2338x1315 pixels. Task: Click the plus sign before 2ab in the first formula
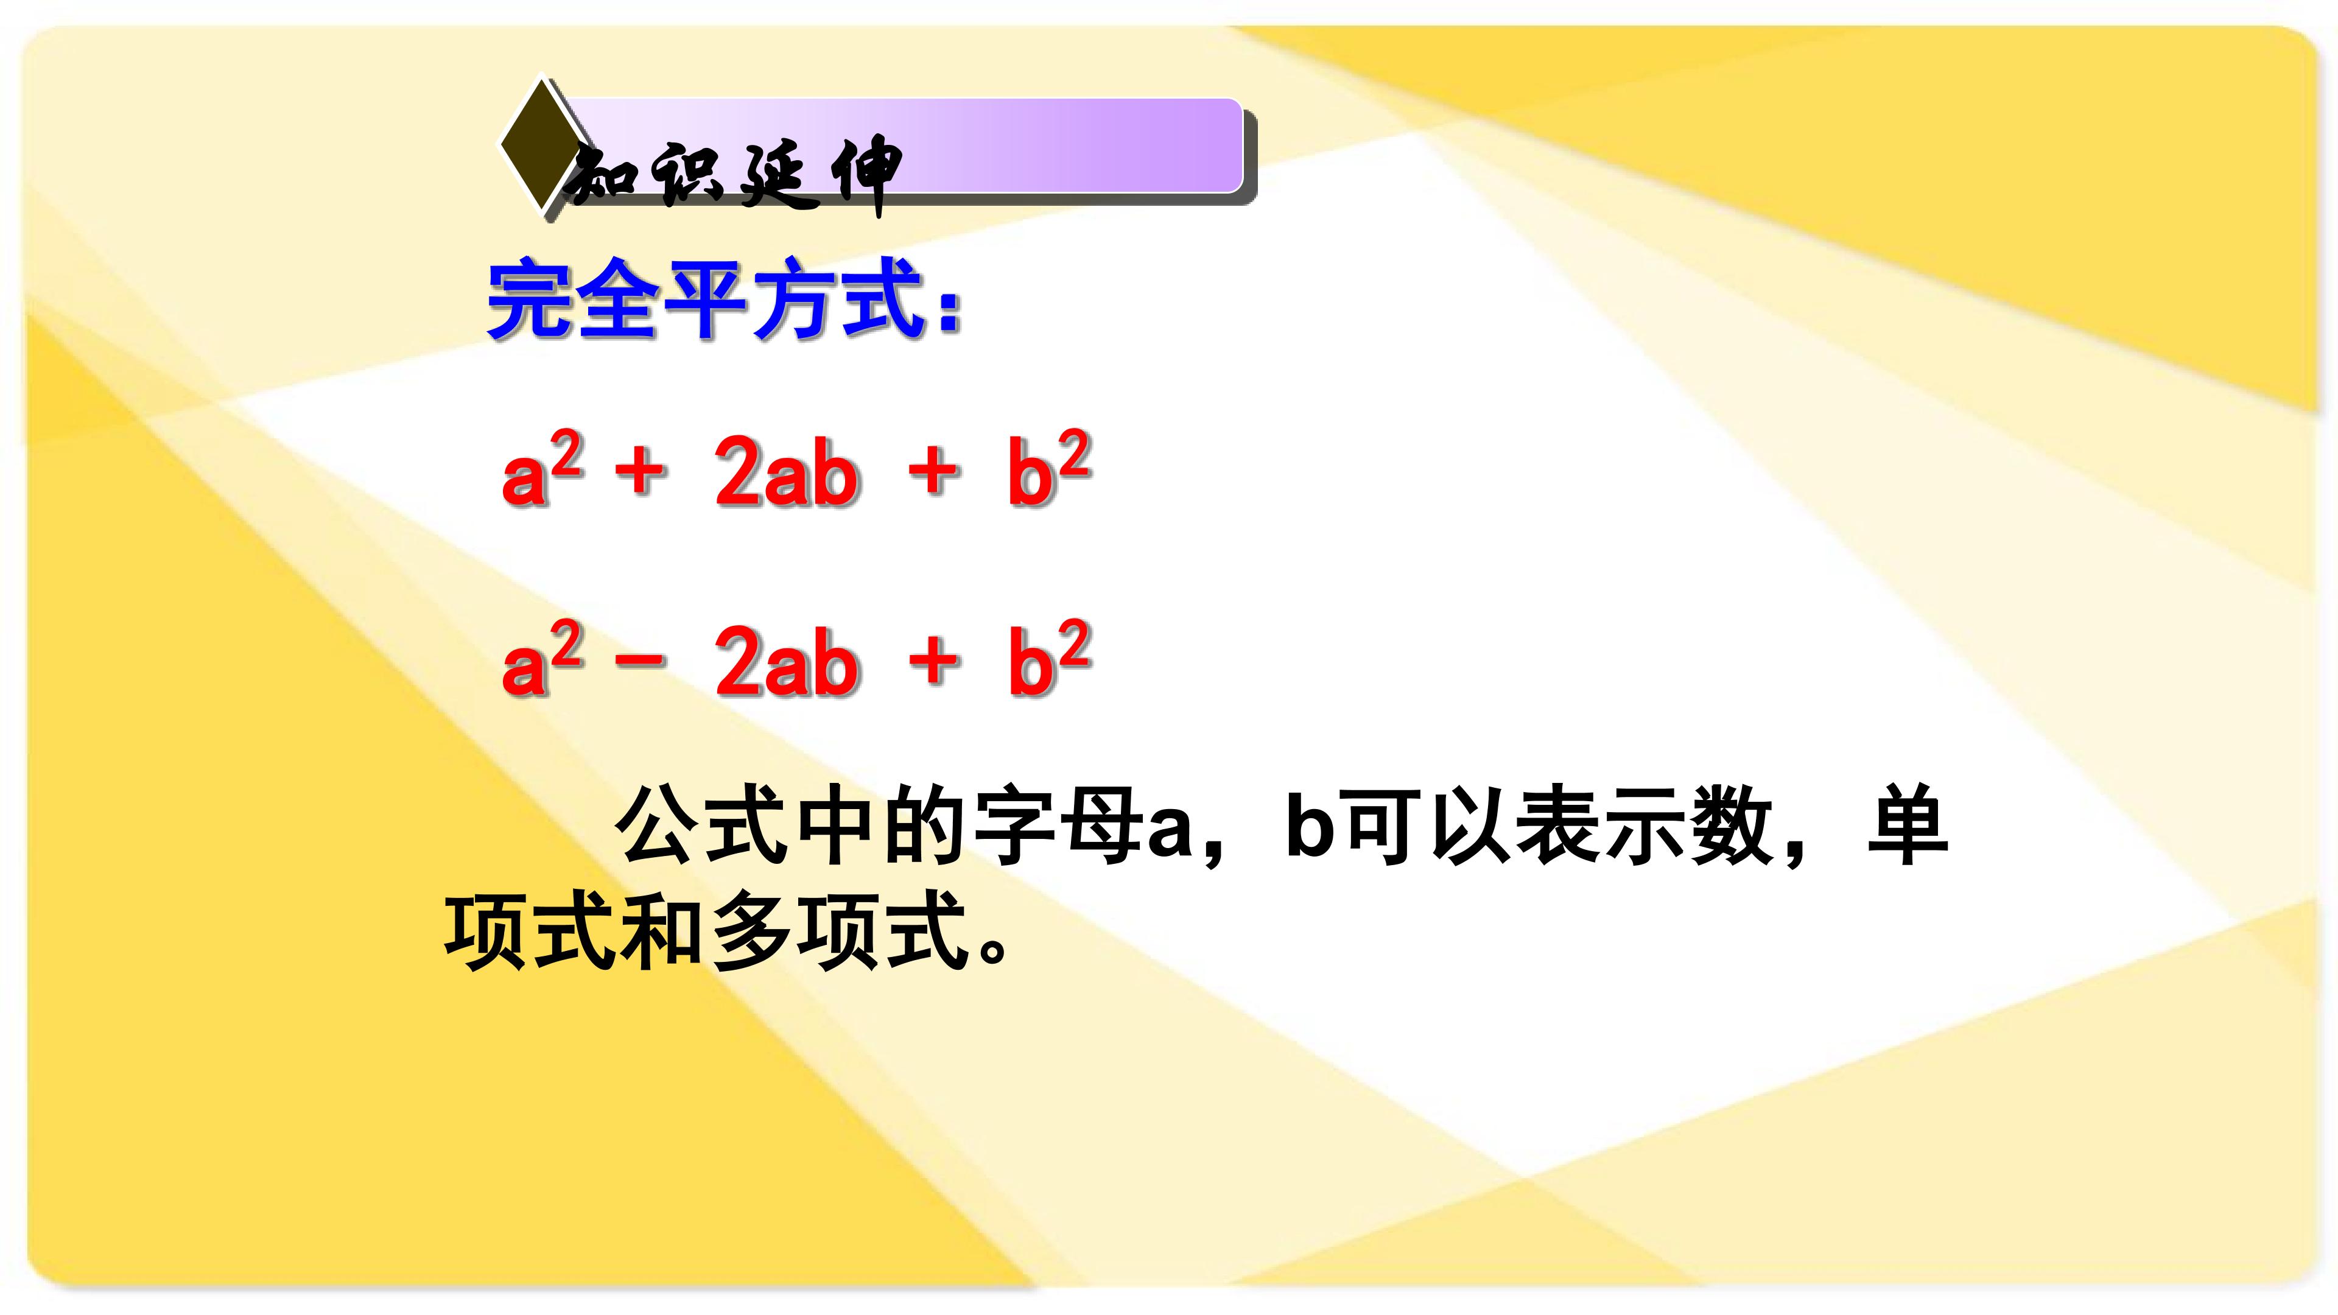(641, 470)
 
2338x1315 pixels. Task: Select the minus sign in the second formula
(641, 660)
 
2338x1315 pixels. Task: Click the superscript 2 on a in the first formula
(566, 454)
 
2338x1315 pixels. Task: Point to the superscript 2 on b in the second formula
(1073, 642)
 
